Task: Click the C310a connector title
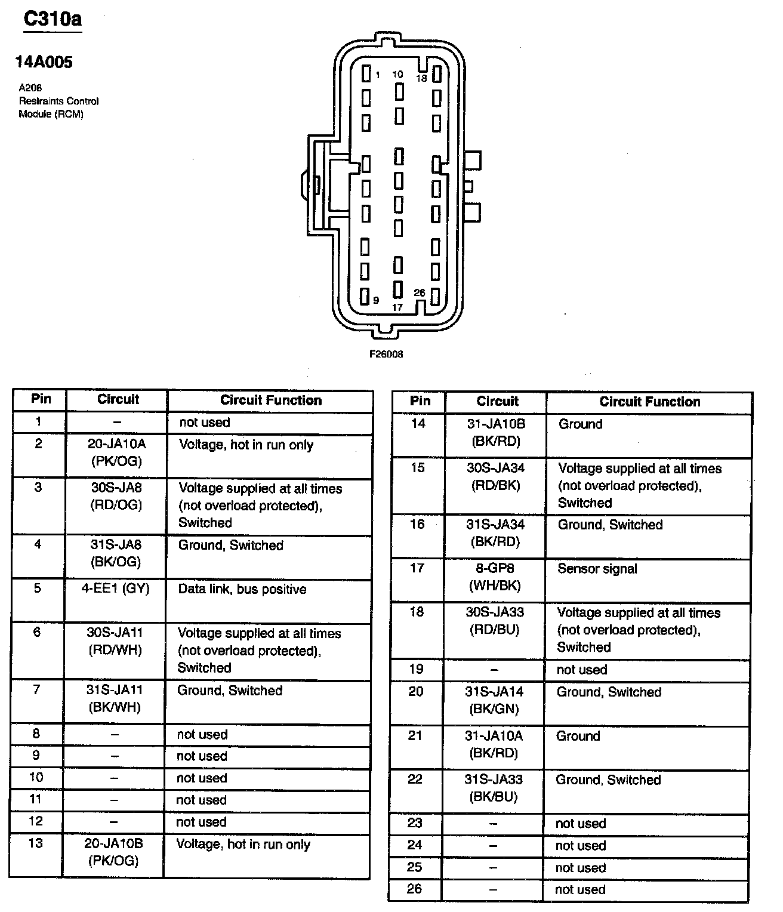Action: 53,19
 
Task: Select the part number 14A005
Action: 44,63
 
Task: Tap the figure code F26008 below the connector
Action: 386,354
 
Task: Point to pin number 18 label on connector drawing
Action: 421,78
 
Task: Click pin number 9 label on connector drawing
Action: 376,300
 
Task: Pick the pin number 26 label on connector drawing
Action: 420,292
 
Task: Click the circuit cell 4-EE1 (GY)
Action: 116,589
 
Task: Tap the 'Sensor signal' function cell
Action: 597,569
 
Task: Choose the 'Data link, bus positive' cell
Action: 242,590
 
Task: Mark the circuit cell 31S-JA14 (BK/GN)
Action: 494,701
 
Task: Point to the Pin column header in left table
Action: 41,399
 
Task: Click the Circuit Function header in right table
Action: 649,402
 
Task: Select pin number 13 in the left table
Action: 36,844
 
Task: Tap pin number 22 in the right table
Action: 415,779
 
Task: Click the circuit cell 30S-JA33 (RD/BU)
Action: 494,621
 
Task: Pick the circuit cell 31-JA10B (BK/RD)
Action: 495,433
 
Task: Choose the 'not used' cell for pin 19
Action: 582,670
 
